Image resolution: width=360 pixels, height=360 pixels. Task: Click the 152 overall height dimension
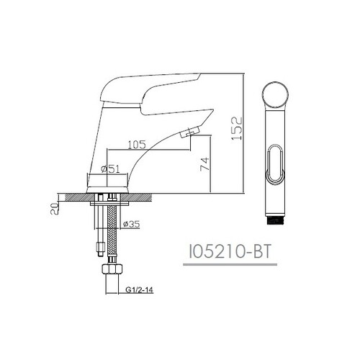pos(236,128)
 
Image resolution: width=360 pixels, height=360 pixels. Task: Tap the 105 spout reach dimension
pos(137,145)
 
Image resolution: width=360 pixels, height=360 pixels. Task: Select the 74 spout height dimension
pos(204,164)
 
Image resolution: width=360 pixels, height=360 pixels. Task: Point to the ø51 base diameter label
pos(110,169)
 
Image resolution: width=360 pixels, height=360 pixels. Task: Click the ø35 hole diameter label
pos(131,224)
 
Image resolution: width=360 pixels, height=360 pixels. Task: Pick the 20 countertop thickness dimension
pos(55,209)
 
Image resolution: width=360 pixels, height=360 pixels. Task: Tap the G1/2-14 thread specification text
pos(139,290)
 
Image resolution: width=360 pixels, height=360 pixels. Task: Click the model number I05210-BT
pos(230,252)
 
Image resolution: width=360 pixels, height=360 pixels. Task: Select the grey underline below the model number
pos(230,264)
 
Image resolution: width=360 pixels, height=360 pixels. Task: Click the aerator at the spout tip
pos(190,132)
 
